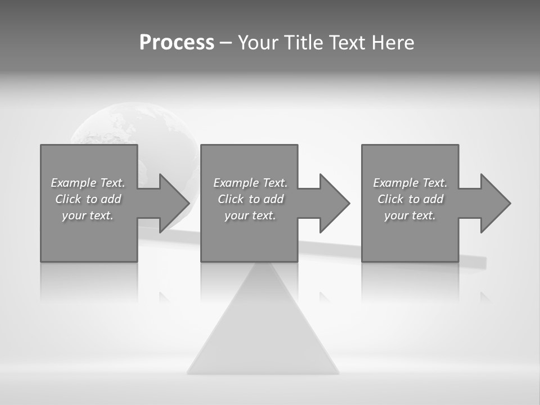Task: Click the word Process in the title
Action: tap(177, 43)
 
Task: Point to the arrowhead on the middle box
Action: tap(333, 203)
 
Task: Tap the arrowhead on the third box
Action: tap(494, 203)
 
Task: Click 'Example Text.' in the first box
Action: tap(88, 183)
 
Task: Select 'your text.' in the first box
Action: tap(88, 215)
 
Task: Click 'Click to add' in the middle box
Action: tap(250, 199)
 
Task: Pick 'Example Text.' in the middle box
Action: tap(250, 183)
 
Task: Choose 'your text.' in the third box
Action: tap(410, 215)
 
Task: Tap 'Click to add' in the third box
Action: tap(410, 199)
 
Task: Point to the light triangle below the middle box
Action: tap(263, 332)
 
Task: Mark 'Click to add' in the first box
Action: tap(88, 199)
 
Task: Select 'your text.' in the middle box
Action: tap(250, 215)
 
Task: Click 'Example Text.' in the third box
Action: tap(410, 183)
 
